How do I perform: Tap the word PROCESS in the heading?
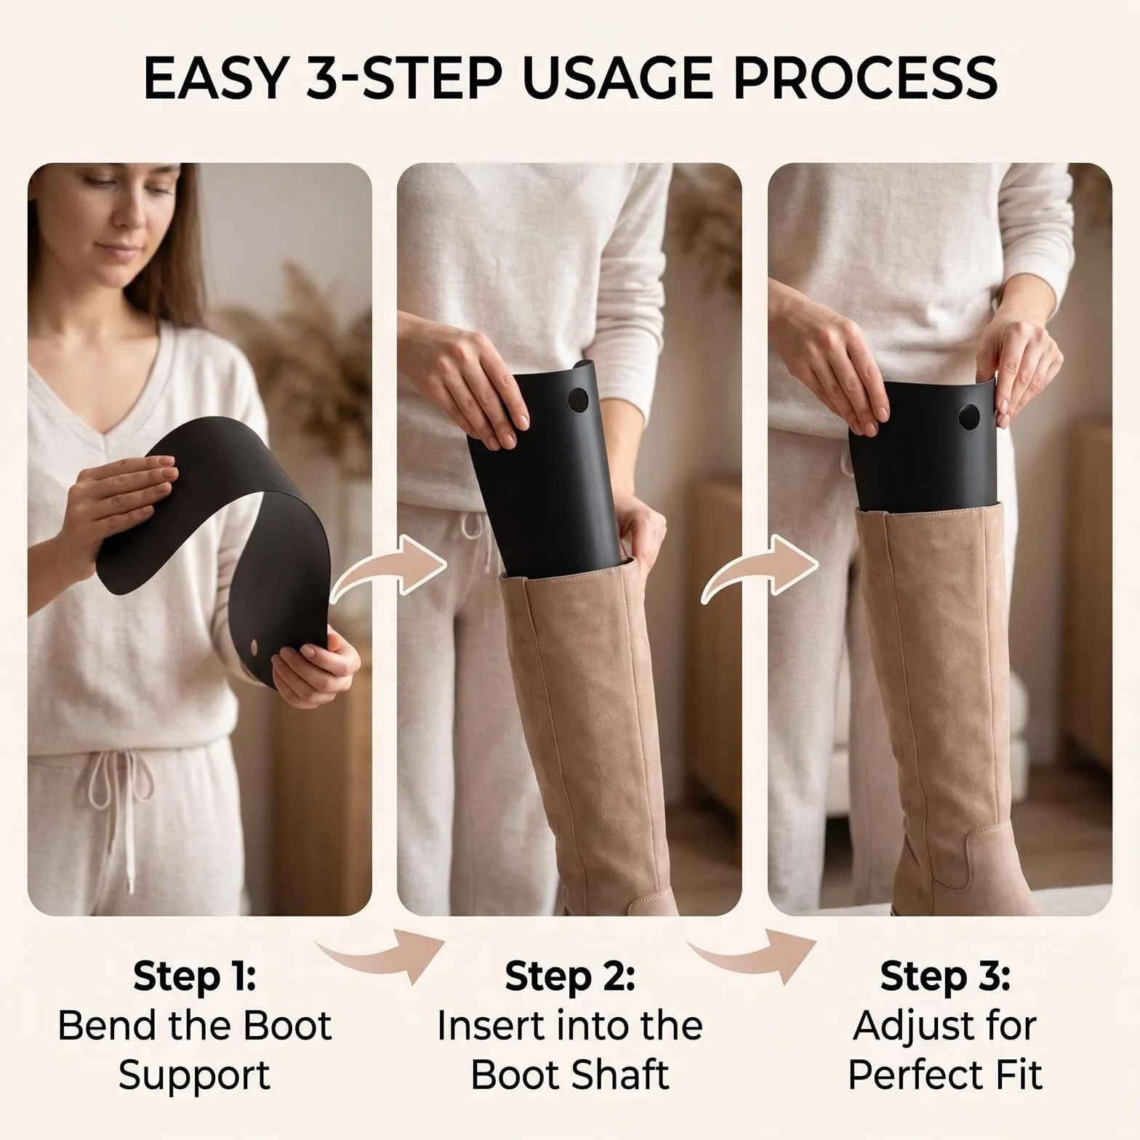coord(865,78)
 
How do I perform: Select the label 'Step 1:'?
coord(194,976)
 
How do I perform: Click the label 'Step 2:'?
coord(570,976)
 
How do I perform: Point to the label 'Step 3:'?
coord(945,976)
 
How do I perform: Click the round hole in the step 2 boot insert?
coord(578,399)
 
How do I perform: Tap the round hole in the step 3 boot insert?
coord(968,417)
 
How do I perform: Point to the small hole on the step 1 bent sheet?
coord(254,645)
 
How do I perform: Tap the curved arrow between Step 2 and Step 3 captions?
coord(752,957)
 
